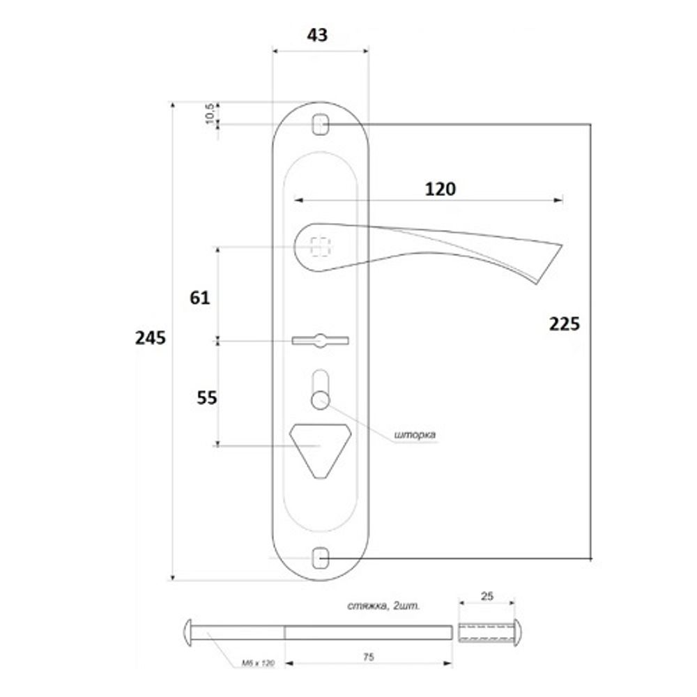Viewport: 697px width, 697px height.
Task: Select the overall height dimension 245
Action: click(x=151, y=339)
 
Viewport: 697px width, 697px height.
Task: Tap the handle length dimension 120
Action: click(x=441, y=189)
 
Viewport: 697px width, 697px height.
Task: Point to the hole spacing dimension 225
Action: click(x=564, y=323)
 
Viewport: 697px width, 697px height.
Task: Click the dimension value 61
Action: click(x=199, y=298)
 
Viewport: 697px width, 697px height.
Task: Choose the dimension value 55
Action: click(x=207, y=397)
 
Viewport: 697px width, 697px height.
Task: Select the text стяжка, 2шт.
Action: click(x=383, y=606)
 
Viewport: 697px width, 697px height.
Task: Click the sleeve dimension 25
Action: click(x=487, y=597)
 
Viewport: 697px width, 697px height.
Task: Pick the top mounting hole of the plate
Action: click(x=321, y=125)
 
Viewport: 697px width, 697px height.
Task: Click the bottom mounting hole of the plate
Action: click(x=321, y=558)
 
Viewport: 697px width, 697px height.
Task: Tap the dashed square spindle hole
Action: click(x=321, y=246)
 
